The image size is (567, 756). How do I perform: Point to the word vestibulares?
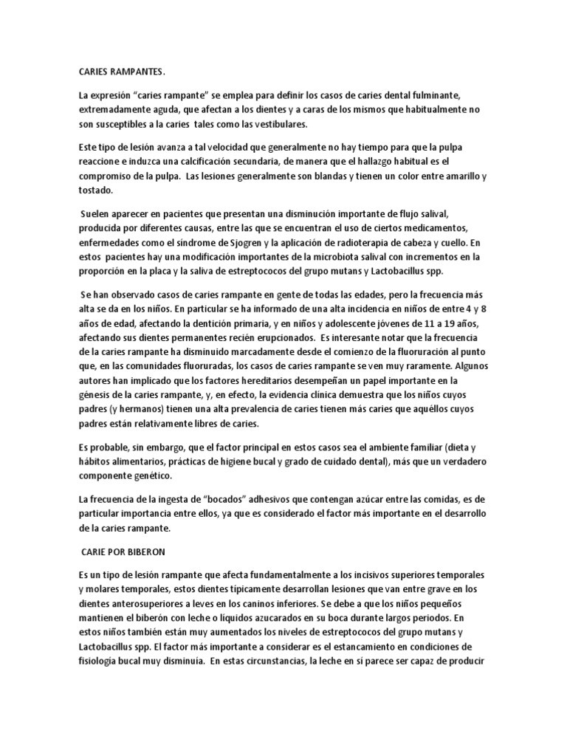coord(261,124)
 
